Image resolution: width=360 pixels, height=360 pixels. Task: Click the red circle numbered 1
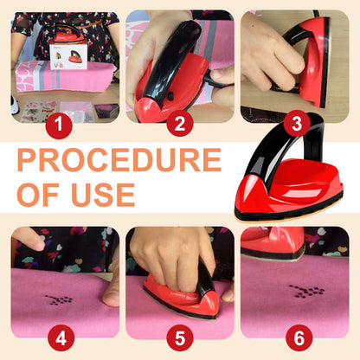59,125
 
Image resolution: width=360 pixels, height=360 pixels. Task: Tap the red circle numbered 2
180,123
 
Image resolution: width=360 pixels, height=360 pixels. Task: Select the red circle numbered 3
297,123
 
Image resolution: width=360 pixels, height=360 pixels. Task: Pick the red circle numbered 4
61,337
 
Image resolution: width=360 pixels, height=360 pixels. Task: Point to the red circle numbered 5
180,337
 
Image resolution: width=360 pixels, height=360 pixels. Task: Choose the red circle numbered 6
299,337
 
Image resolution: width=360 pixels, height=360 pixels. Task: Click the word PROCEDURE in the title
119,160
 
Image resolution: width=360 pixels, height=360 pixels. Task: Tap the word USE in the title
103,195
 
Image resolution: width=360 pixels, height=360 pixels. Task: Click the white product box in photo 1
68,56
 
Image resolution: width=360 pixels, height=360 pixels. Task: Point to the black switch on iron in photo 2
170,96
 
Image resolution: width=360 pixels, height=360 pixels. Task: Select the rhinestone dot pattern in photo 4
59,299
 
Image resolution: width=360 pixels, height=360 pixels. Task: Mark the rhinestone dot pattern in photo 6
306,291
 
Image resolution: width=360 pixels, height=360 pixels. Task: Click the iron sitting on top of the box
67,34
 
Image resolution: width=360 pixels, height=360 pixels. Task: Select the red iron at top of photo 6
273,243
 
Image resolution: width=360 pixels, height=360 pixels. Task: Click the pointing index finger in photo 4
29,239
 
